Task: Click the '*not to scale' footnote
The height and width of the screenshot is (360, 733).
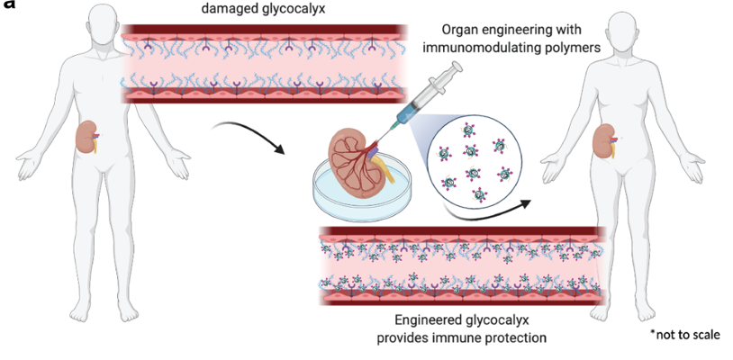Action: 684,334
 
